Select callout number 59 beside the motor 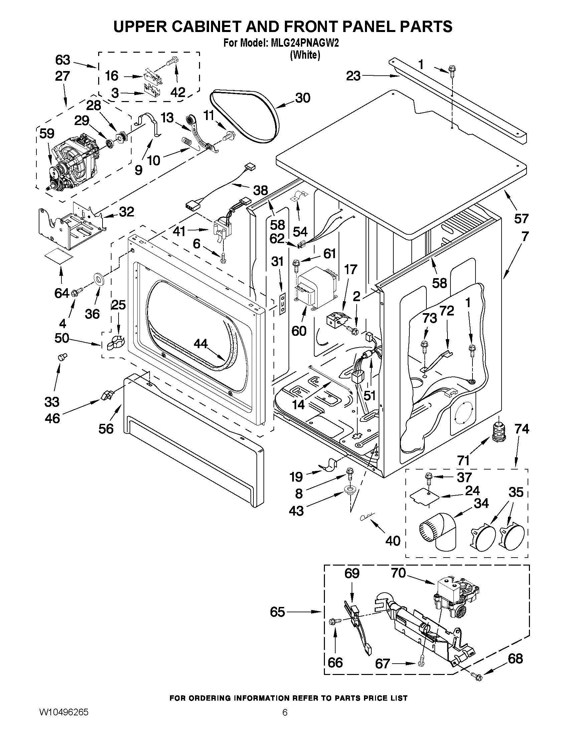pos(47,133)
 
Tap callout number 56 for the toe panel pos(106,429)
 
